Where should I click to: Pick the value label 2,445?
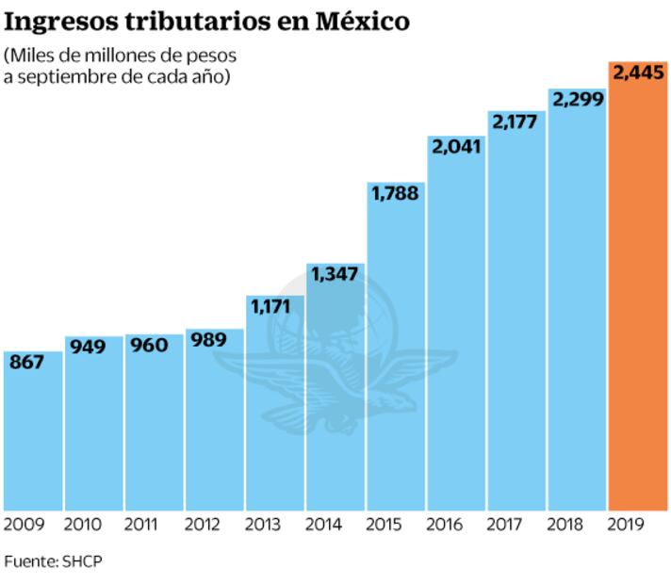(638, 72)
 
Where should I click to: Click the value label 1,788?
(395, 193)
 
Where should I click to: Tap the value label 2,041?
(455, 146)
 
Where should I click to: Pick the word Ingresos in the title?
(56, 21)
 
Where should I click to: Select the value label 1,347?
(335, 274)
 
